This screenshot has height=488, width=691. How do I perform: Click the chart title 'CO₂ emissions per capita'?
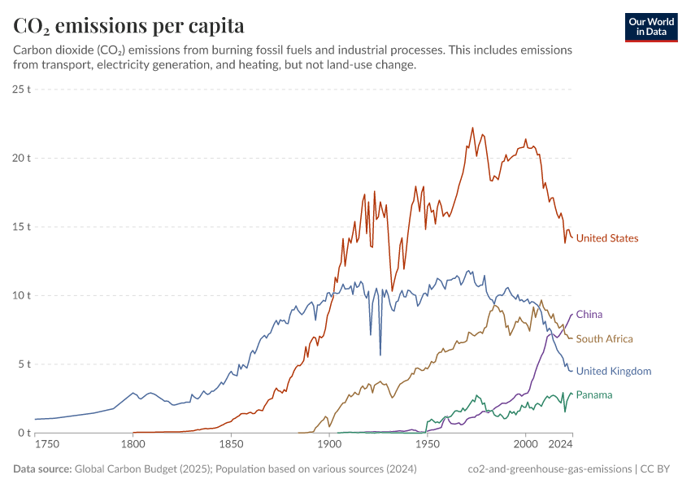click(x=128, y=25)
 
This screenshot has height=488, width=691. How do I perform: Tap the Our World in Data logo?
click(x=651, y=27)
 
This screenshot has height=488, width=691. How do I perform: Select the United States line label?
click(x=606, y=238)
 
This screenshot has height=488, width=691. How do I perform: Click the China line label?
click(x=589, y=314)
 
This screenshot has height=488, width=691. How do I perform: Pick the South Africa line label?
click(x=604, y=338)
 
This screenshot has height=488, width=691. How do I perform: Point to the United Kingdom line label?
click(x=613, y=371)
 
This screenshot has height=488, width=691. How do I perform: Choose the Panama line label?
click(x=593, y=394)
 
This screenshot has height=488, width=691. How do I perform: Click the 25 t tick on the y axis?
click(x=22, y=89)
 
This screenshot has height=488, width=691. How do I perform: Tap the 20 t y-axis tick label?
click(x=22, y=158)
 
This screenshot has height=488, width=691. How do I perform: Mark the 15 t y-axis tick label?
click(x=22, y=227)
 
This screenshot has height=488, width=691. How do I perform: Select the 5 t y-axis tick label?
click(x=24, y=364)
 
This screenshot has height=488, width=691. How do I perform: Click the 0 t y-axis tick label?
click(x=24, y=433)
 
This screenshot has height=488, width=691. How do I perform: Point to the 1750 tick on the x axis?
click(x=47, y=445)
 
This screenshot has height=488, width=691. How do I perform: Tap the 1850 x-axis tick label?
click(x=231, y=445)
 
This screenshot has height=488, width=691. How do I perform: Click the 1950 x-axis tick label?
click(x=428, y=445)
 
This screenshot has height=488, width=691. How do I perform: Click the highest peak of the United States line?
click(x=472, y=128)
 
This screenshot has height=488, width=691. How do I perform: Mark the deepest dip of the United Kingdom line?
click(x=380, y=355)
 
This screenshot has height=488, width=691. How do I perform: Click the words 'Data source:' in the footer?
click(x=41, y=469)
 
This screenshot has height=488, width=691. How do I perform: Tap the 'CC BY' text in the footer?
click(x=663, y=469)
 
